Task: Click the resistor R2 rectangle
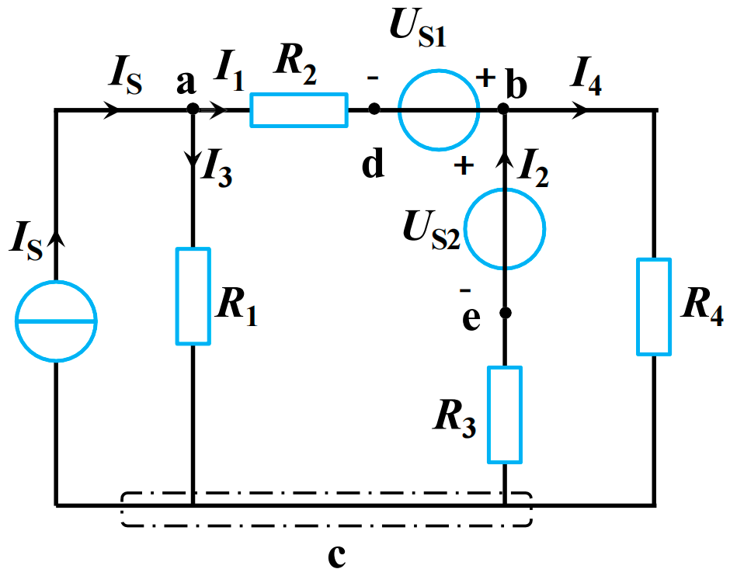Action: pyautogui.click(x=299, y=109)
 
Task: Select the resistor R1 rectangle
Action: pyautogui.click(x=193, y=296)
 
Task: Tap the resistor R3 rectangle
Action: pyautogui.click(x=505, y=415)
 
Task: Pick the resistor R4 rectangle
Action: pyautogui.click(x=653, y=307)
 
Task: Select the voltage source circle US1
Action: pyautogui.click(x=439, y=109)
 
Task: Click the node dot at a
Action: pyautogui.click(x=193, y=109)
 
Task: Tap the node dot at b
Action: pyautogui.click(x=505, y=109)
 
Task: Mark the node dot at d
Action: pyautogui.click(x=374, y=109)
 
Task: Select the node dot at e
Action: pyautogui.click(x=505, y=313)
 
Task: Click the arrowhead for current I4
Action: pyautogui.click(x=579, y=110)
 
